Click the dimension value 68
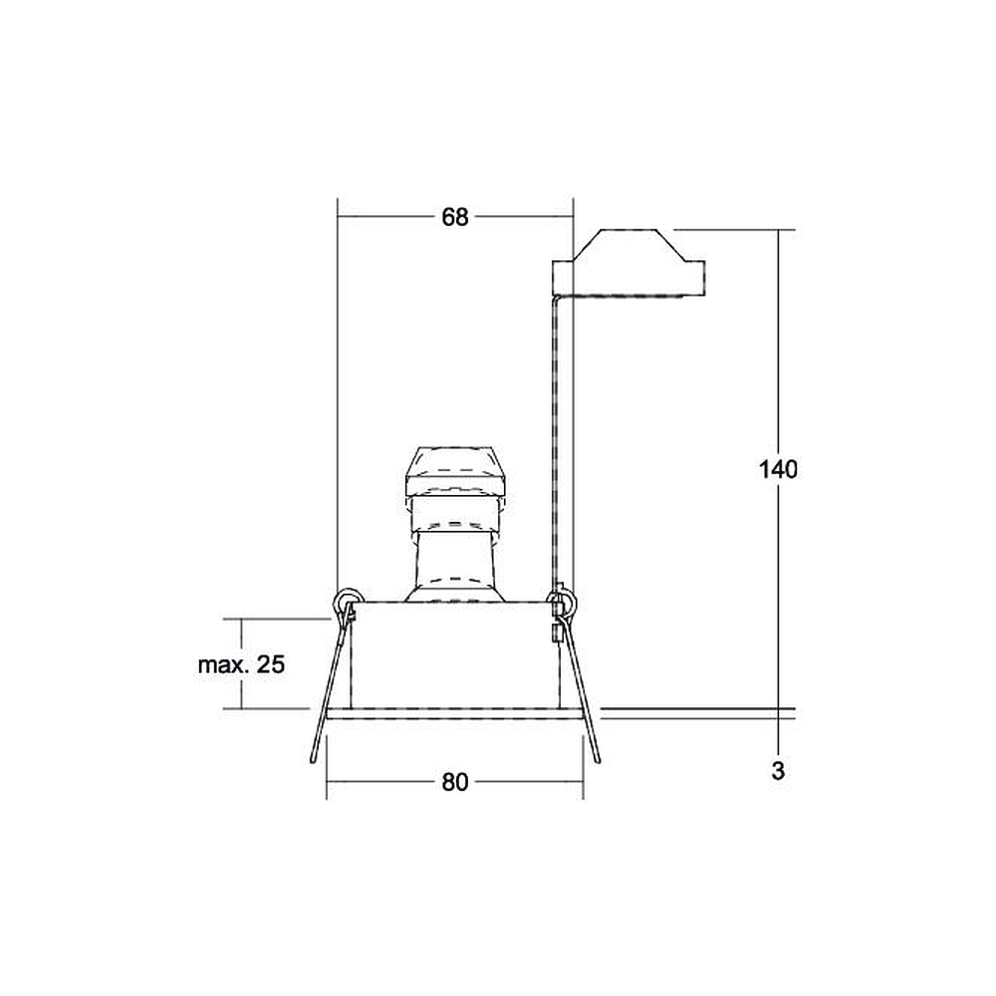(455, 217)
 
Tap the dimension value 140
(778, 469)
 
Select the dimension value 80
(455, 783)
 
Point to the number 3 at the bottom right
(778, 771)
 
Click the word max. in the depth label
(221, 665)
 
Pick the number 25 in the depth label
(271, 665)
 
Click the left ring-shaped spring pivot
(348, 600)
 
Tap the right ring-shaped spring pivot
(561, 601)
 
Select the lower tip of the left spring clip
(313, 760)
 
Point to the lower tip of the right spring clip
(598, 760)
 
